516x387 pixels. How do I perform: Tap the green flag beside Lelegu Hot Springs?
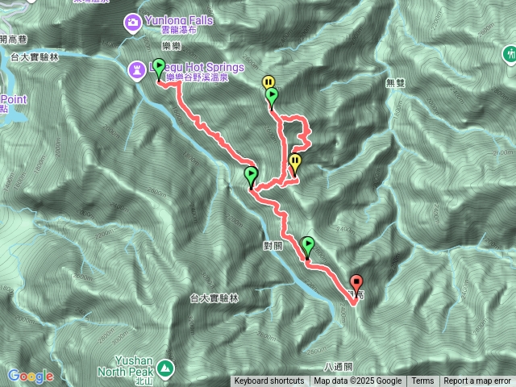point(159,68)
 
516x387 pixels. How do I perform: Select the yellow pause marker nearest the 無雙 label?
point(268,82)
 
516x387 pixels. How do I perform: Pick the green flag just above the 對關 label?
point(251,174)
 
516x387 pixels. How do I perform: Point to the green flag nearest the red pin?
point(307,244)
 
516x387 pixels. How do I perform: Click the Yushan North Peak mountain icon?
point(166,367)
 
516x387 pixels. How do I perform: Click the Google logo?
point(30,377)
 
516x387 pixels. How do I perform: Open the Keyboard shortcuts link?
point(269,381)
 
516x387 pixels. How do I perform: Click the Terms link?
point(422,381)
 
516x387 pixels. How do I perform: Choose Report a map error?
point(477,381)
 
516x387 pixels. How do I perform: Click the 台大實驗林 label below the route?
point(213,298)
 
